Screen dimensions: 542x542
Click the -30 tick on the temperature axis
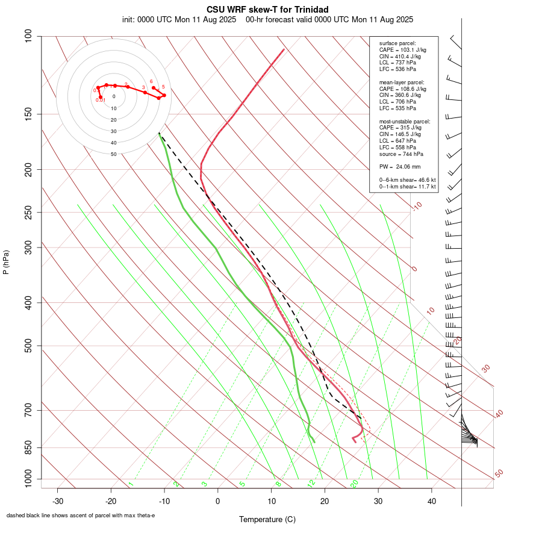coord(58,501)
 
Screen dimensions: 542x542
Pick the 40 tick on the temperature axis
coord(431,501)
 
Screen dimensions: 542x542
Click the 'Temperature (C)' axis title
coord(267,519)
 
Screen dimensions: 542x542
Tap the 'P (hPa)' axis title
coord(6,262)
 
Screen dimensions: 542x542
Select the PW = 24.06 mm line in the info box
coord(399,167)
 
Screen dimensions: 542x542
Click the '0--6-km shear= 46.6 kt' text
coord(407,180)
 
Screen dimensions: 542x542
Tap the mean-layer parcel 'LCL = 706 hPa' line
coord(397,102)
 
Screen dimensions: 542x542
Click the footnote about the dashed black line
coord(81,516)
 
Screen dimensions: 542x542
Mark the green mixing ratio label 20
coord(354,484)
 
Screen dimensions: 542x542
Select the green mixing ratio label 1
coord(131,484)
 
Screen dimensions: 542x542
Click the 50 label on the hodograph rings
coord(113,154)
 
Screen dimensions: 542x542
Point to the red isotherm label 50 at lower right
coord(499,474)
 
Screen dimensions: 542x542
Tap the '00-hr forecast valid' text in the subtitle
coord(280,19)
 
